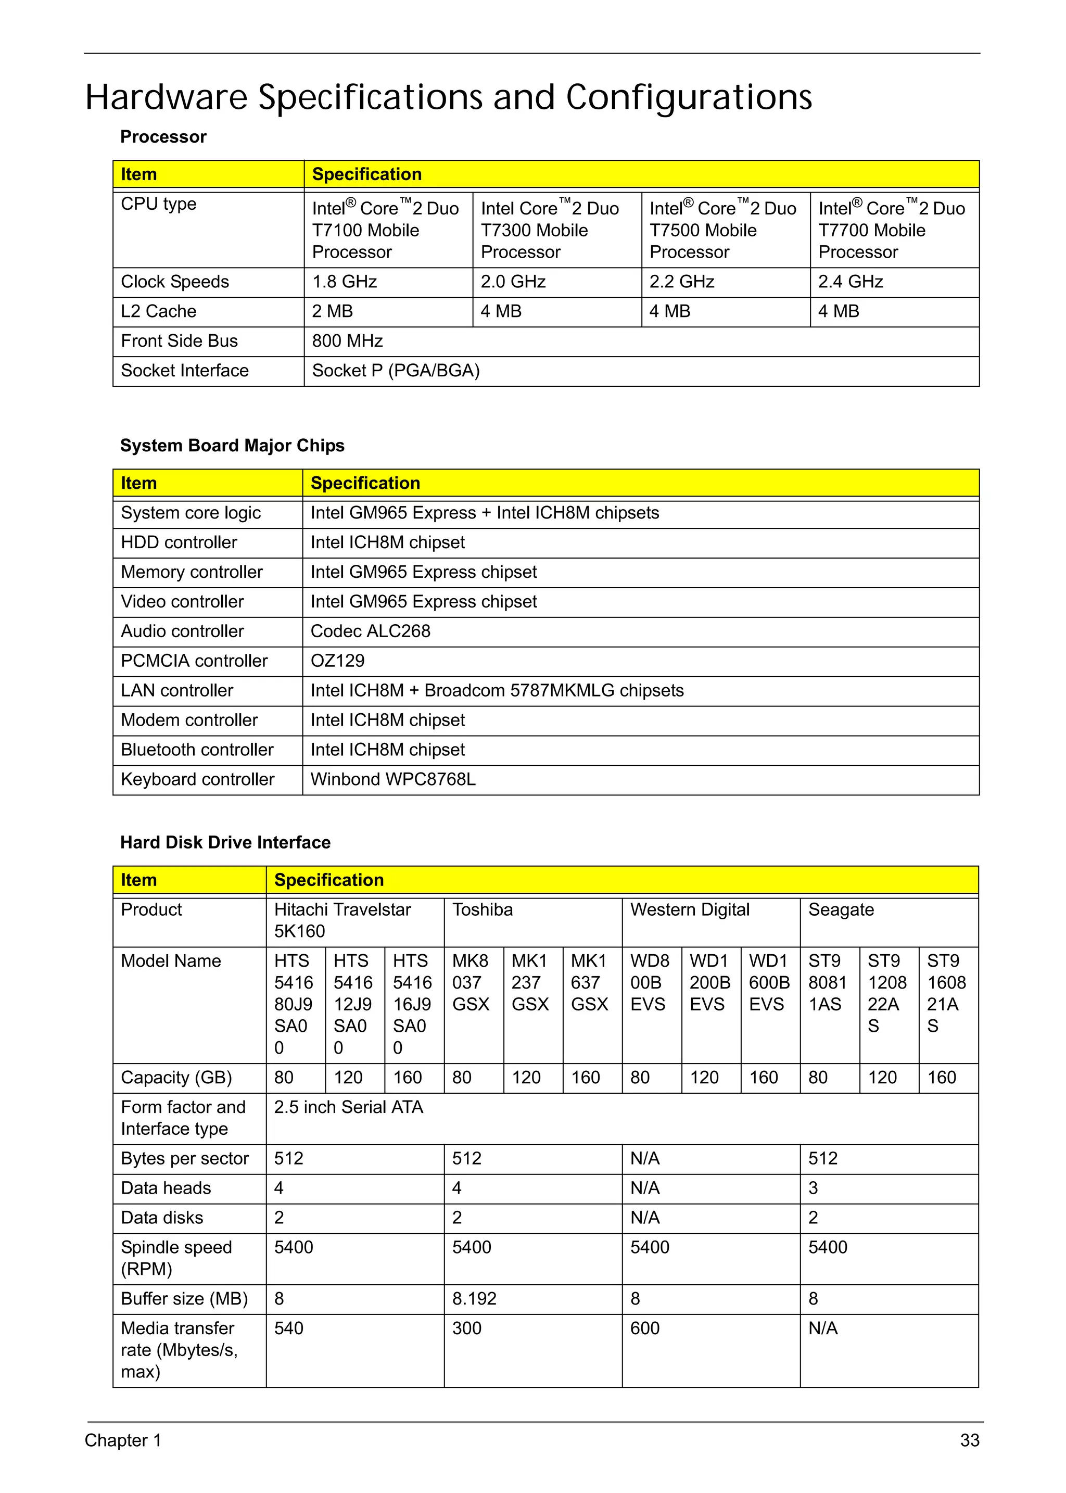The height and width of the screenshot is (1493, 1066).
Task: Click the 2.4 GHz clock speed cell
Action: [850, 282]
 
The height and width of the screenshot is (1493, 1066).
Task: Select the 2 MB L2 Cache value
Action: [333, 311]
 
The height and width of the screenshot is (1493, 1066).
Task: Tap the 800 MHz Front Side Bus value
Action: [347, 341]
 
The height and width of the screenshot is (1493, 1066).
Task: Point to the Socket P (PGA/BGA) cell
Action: [396, 370]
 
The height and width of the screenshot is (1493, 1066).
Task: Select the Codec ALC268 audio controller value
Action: [370, 631]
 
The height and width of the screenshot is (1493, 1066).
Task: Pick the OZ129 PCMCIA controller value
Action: [337, 661]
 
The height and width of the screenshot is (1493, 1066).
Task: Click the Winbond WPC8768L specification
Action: [392, 779]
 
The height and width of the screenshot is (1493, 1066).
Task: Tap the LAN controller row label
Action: [176, 691]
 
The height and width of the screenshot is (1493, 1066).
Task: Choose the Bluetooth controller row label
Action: [197, 750]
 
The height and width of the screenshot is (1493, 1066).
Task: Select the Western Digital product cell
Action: [689, 909]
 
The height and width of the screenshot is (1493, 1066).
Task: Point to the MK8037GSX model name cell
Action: [471, 982]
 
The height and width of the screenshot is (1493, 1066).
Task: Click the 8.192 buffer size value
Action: [474, 1299]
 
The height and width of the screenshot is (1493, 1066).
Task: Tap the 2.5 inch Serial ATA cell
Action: [349, 1107]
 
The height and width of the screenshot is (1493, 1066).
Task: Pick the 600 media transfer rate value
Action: [644, 1328]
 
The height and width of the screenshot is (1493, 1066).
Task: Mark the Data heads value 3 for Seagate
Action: [813, 1188]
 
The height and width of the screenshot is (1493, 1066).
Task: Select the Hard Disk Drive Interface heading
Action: [225, 842]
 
